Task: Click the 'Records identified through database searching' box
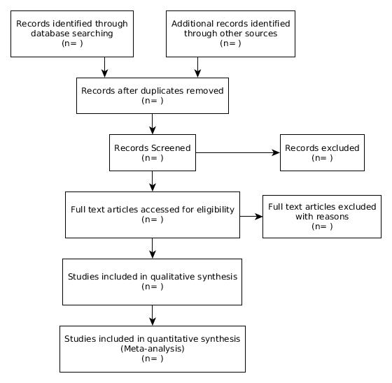[72, 34]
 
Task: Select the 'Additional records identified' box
[230, 34]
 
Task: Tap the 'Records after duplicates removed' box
[153, 96]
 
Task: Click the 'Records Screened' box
[153, 152]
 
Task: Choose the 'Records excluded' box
[322, 152]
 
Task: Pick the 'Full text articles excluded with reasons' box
[322, 217]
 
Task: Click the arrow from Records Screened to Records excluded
[238, 152]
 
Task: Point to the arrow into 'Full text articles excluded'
[251, 217]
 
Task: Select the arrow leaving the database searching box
[105, 67]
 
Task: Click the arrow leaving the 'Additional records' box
[197, 67]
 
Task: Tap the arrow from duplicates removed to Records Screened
[153, 124]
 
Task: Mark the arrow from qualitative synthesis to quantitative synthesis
[153, 315]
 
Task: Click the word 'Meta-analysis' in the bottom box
[153, 349]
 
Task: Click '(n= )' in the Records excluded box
[322, 158]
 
